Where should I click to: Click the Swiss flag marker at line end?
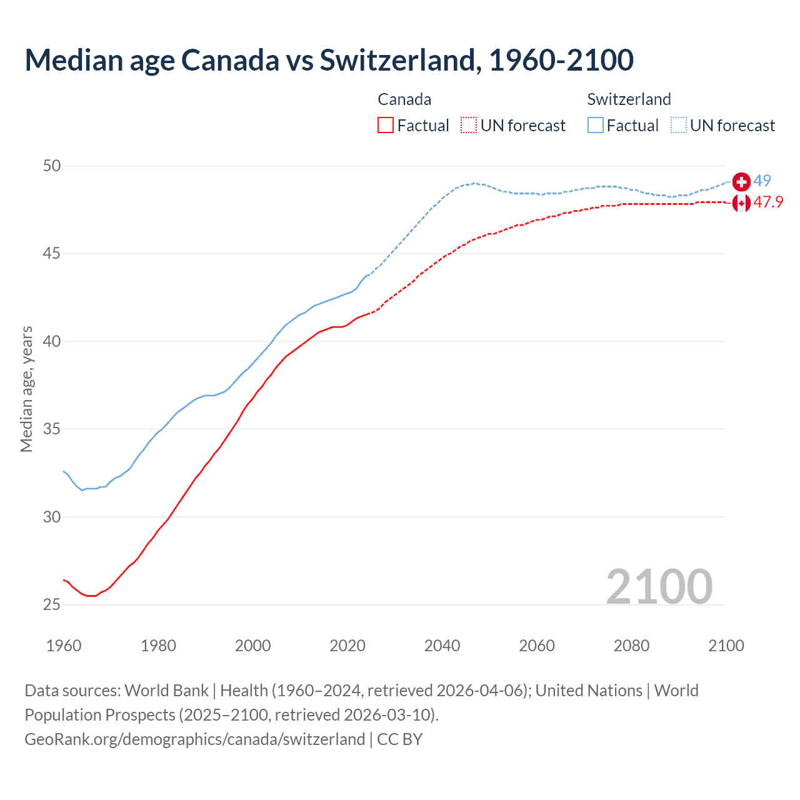741,181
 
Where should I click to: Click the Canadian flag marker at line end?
741,203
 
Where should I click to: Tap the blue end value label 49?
762,181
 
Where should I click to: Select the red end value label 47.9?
768,202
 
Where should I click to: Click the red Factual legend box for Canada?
386,126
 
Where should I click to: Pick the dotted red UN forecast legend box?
469,126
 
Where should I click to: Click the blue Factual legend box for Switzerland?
596,126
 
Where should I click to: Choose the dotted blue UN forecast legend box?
679,126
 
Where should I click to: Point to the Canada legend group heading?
404,99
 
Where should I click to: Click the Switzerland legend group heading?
629,99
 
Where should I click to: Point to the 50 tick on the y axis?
52,166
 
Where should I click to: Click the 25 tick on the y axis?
52,604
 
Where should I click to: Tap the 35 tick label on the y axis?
52,429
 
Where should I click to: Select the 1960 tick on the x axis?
64,646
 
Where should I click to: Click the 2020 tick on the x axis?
347,646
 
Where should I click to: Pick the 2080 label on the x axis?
631,646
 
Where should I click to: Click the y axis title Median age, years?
26,389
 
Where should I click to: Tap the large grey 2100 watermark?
659,586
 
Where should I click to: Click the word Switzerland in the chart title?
400,60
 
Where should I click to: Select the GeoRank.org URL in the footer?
194,739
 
